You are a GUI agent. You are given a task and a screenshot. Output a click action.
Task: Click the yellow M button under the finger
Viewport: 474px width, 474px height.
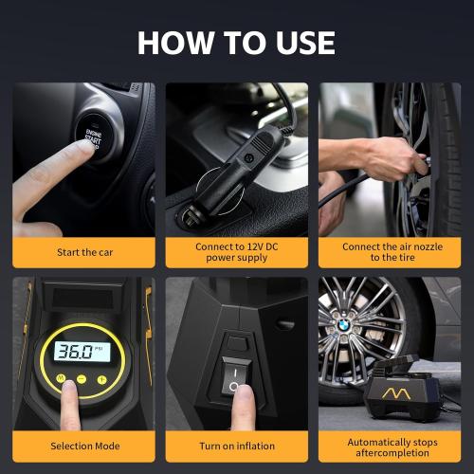[x=62, y=379]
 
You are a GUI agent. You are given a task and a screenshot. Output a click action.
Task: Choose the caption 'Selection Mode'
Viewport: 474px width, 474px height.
[x=82, y=447]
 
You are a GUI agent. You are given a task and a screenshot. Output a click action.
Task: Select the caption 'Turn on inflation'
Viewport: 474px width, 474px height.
[x=236, y=447]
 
